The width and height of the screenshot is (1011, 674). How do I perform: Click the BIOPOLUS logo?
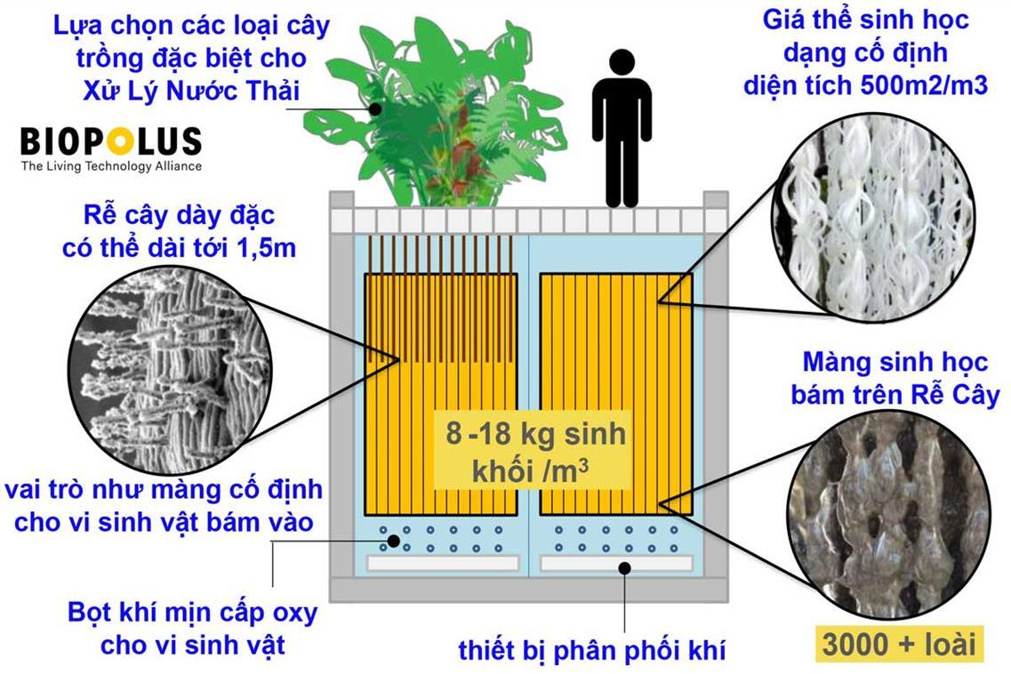pyautogui.click(x=110, y=141)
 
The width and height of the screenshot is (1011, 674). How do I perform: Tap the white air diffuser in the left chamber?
pyautogui.click(x=442, y=564)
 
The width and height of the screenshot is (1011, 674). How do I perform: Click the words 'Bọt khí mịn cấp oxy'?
pyautogui.click(x=192, y=614)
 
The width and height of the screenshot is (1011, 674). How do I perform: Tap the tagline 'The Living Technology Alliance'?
pyautogui.click(x=111, y=166)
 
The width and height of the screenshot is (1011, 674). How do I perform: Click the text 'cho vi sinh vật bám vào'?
pyautogui.click(x=162, y=524)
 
